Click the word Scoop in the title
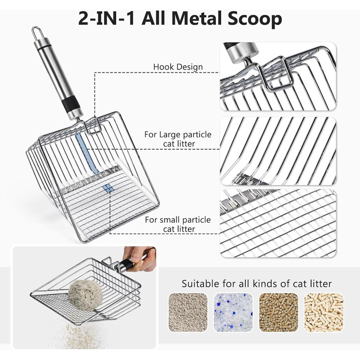[x=255, y=19]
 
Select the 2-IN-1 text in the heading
[x=106, y=19]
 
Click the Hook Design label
[x=178, y=67]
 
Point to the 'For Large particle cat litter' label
[x=178, y=139]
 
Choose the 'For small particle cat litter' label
[x=178, y=224]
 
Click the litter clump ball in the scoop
[x=85, y=296]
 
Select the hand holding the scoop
[x=139, y=259]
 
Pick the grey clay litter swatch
[x=188, y=312]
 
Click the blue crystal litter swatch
[x=233, y=312]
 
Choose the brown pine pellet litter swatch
[x=279, y=312]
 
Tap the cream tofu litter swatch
[x=323, y=312]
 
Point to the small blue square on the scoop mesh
[x=107, y=188]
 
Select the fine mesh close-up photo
[x=278, y=223]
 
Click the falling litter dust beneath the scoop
[x=80, y=335]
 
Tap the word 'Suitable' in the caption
[x=200, y=283]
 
